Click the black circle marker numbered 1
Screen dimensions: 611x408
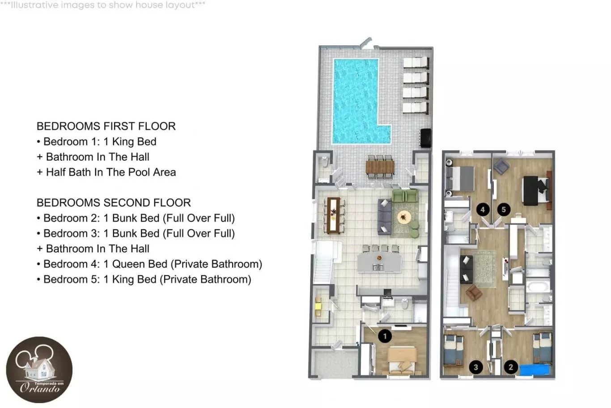385,336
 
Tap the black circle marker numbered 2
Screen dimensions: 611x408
511,367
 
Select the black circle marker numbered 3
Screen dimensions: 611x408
476,367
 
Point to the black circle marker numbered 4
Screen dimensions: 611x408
483,210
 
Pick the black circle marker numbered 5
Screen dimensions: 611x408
504,210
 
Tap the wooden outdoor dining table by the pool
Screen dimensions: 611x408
380,167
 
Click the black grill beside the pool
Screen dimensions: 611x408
425,138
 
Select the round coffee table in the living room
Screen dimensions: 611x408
404,217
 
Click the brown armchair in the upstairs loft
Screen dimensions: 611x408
474,292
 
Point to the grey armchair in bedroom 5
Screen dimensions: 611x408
501,166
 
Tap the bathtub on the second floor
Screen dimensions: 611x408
537,287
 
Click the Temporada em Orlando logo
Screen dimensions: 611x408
39,369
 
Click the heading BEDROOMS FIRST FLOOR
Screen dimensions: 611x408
106,126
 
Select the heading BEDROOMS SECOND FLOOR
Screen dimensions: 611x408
114,202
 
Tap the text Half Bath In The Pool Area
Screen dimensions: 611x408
111,172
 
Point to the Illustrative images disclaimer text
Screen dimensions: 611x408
103,4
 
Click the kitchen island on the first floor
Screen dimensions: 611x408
379,262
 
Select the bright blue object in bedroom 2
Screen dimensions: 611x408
535,370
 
